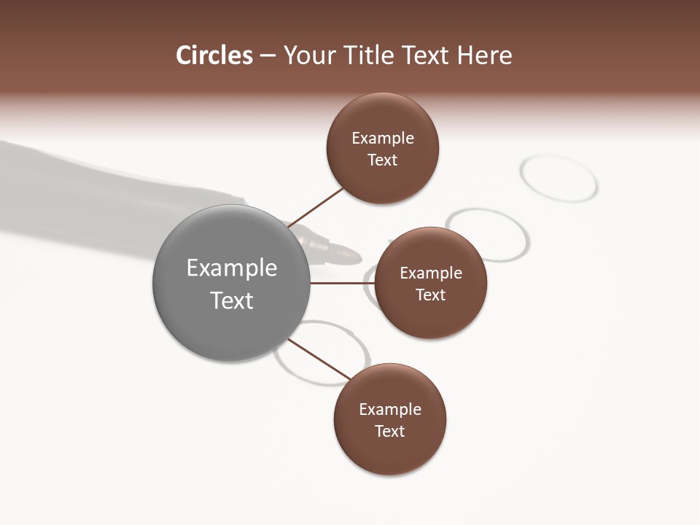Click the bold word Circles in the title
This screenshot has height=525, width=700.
[x=214, y=55]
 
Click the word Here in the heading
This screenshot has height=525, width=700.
[x=485, y=55]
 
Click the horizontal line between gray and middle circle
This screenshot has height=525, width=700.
[x=342, y=283]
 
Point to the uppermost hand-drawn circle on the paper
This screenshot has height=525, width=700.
[x=559, y=177]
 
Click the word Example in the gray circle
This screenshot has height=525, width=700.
[x=232, y=268]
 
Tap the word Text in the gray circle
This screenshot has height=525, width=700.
[x=232, y=300]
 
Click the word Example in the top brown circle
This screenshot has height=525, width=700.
[x=383, y=139]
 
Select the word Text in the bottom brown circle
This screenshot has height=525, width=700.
[x=390, y=432]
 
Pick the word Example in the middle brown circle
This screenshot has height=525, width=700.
[x=431, y=273]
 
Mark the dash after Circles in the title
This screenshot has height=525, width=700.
[x=268, y=56]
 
